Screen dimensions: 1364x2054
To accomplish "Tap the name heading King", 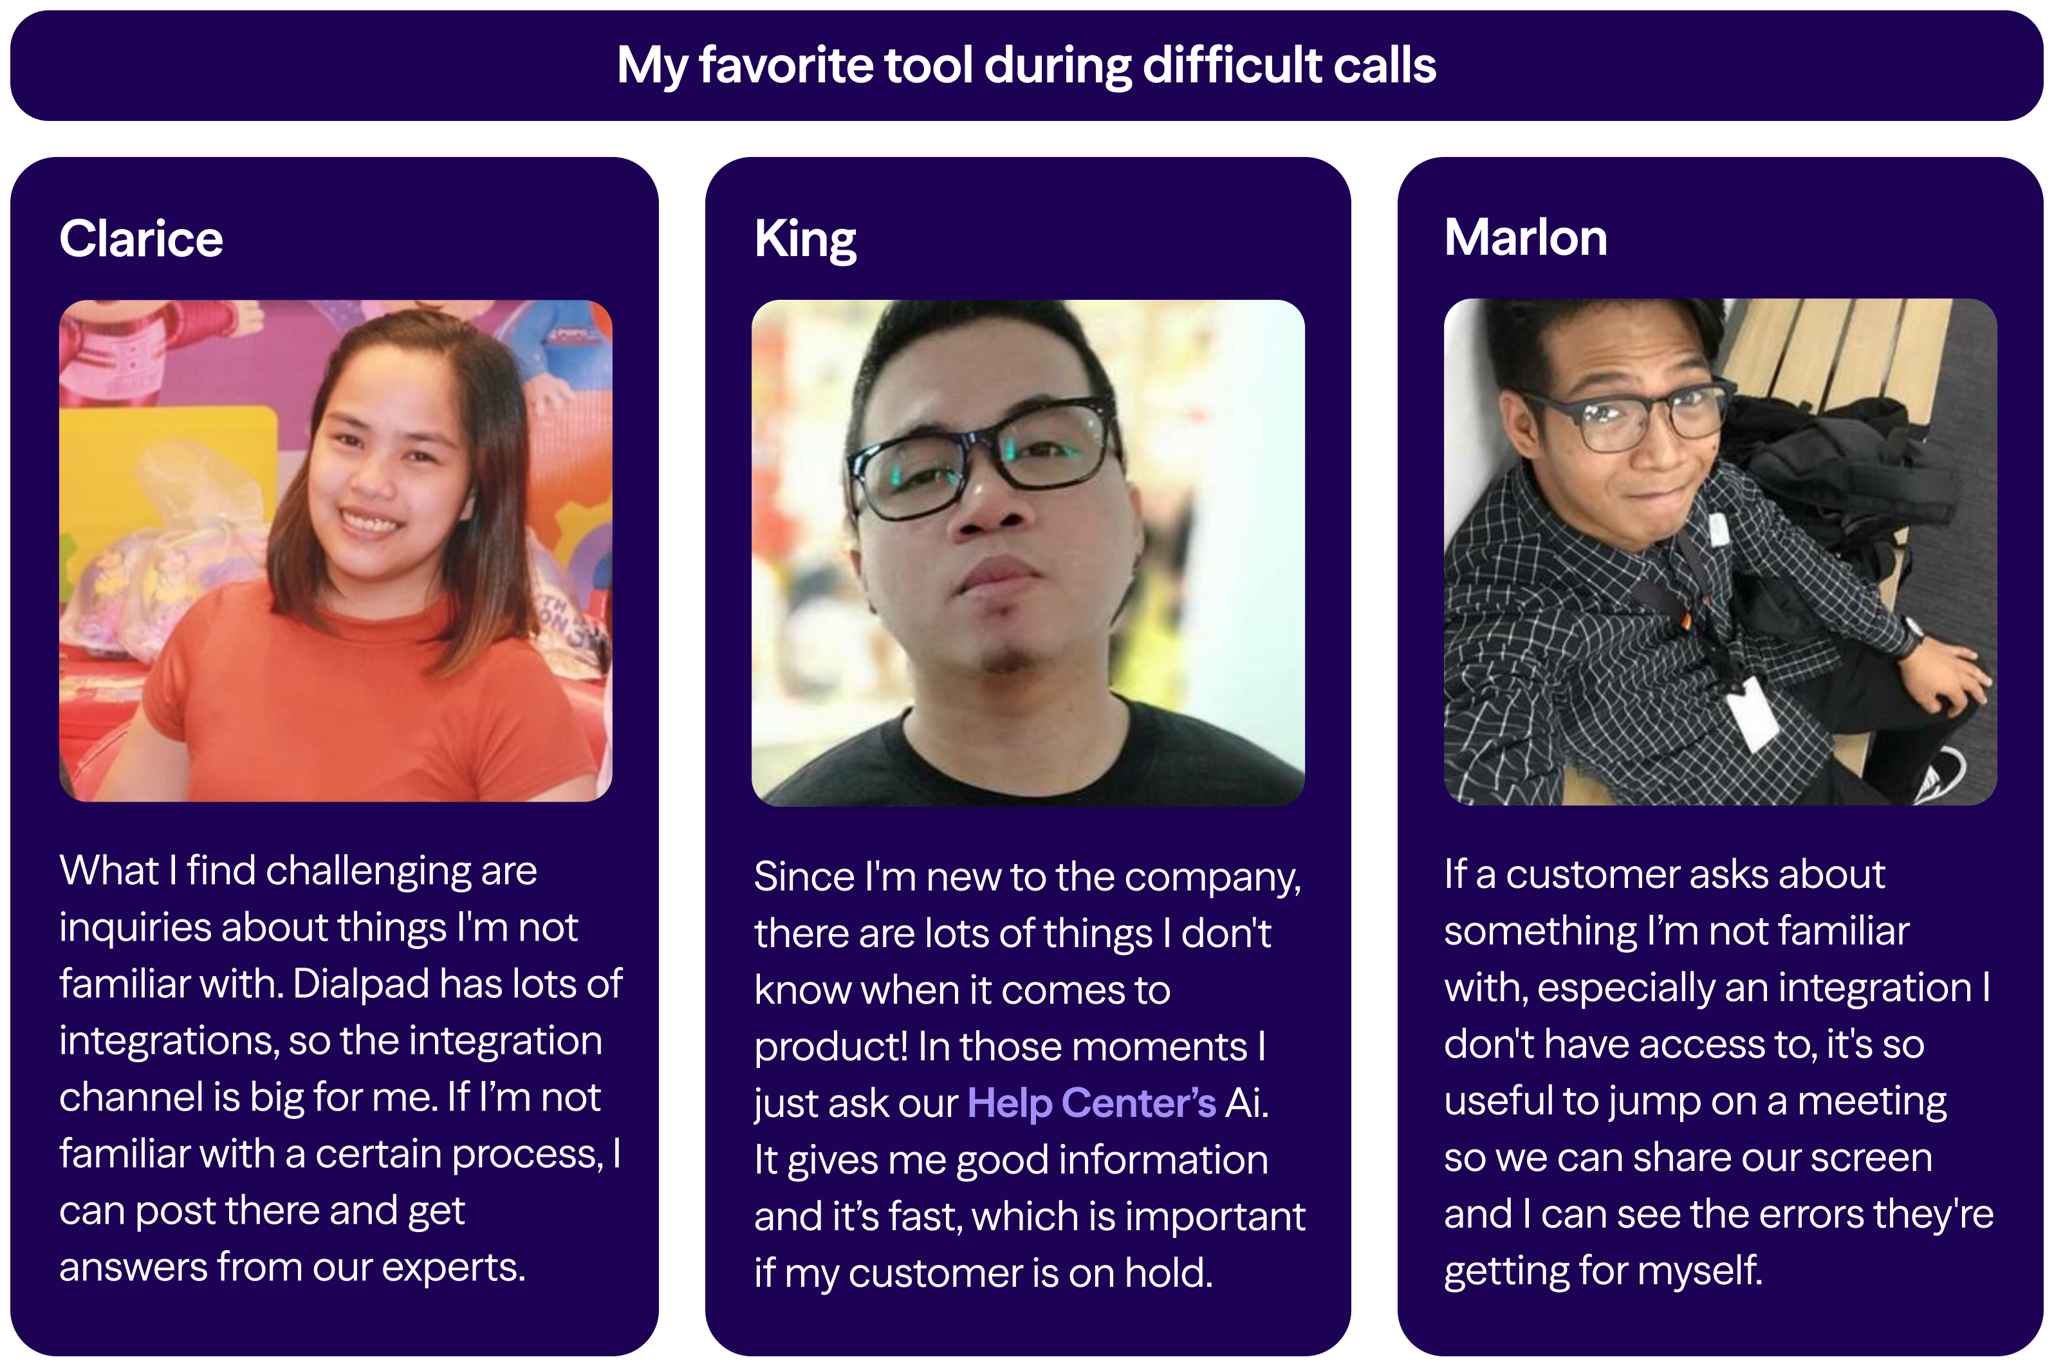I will coord(805,239).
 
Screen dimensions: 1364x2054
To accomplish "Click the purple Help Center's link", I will coord(1091,1103).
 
